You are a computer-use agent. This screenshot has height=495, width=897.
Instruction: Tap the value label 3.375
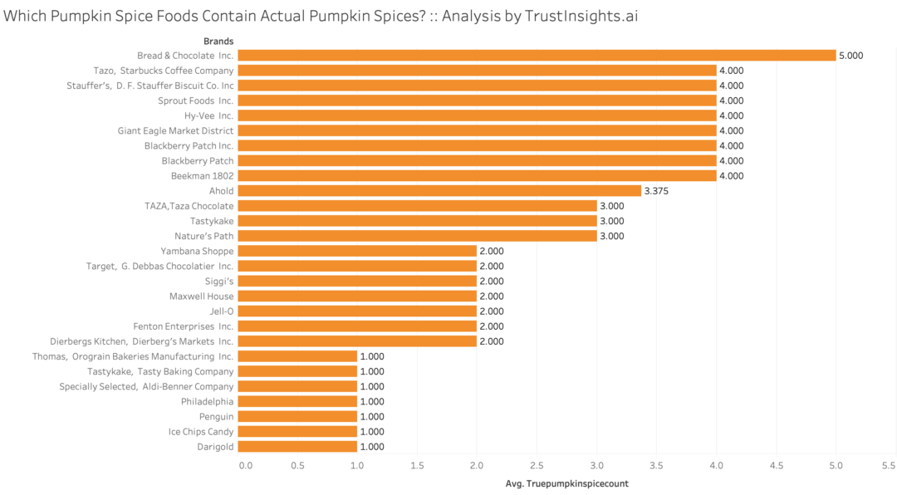[x=656, y=191]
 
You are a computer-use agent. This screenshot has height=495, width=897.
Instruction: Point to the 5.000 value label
[x=851, y=56]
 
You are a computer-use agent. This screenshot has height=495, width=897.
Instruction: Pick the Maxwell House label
[x=201, y=297]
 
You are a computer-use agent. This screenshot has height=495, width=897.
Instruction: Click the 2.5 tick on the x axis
[x=537, y=465]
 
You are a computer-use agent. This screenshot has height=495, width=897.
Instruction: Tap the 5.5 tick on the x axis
[x=888, y=465]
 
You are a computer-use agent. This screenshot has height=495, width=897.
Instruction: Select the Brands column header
[x=218, y=41]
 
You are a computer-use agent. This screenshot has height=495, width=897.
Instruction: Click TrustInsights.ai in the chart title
[x=582, y=16]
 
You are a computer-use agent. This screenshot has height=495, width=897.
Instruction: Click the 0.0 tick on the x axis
[x=246, y=465]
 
